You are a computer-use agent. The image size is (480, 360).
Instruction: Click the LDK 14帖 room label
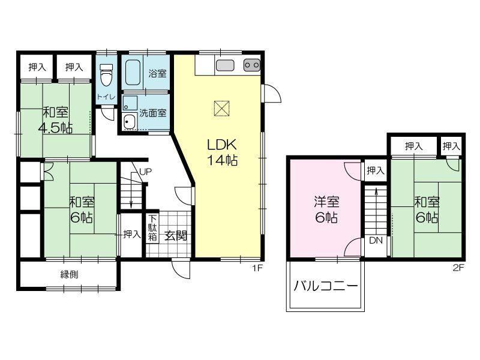point(223,152)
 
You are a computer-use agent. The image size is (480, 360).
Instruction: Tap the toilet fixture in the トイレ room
point(106,76)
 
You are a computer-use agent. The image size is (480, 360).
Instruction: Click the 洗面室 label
point(152,112)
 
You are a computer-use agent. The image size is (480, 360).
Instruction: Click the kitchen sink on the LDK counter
point(224,65)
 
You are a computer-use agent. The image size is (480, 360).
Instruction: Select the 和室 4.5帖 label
point(55,119)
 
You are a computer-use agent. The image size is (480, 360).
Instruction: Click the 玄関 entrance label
point(176,235)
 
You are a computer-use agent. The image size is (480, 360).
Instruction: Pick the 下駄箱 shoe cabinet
point(153,229)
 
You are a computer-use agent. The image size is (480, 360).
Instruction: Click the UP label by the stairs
point(145,172)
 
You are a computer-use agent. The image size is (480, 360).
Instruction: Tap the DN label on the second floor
point(376,241)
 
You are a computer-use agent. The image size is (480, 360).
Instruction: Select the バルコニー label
point(326,286)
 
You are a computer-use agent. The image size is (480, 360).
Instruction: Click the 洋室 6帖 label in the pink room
point(324,209)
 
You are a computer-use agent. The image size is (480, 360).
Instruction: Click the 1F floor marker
point(257,268)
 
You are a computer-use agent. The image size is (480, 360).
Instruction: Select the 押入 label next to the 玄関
point(131,235)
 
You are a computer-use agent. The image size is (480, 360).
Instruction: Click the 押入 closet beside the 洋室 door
point(375,171)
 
